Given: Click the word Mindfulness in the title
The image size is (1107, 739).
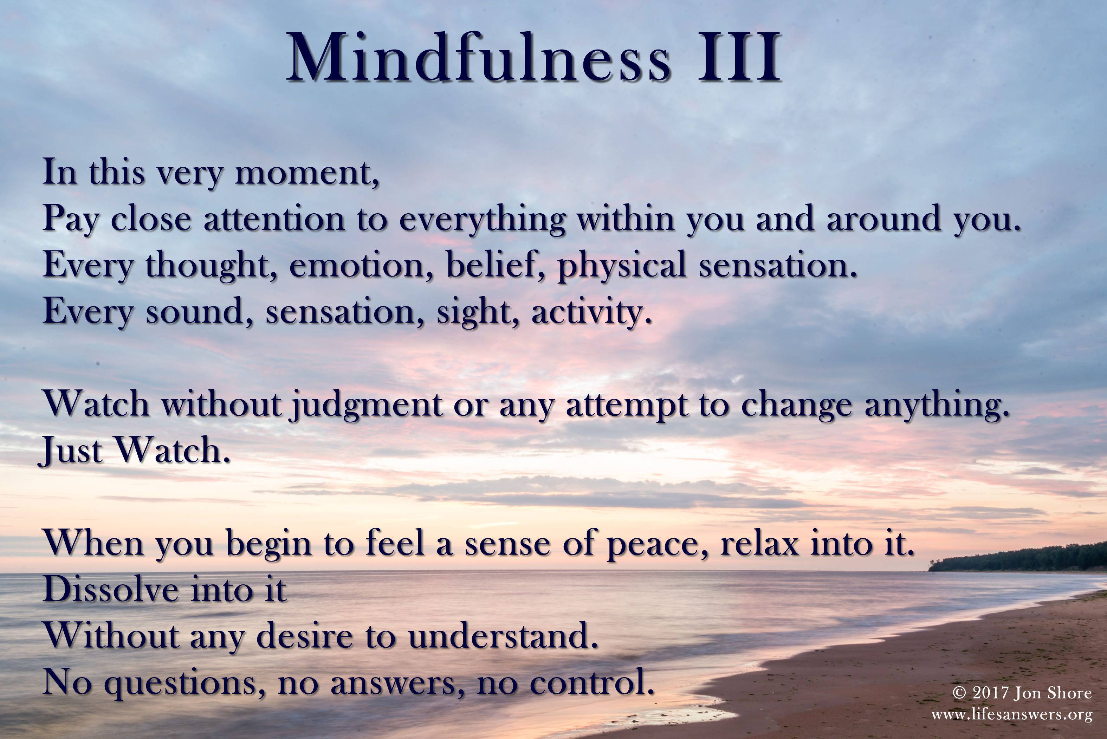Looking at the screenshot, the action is [x=478, y=58].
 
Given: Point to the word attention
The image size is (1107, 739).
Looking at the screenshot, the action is [x=274, y=219].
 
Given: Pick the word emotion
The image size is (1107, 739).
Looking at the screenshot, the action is [x=357, y=265].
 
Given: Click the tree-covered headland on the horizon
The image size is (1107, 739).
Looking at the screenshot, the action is [x=1018, y=558].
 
